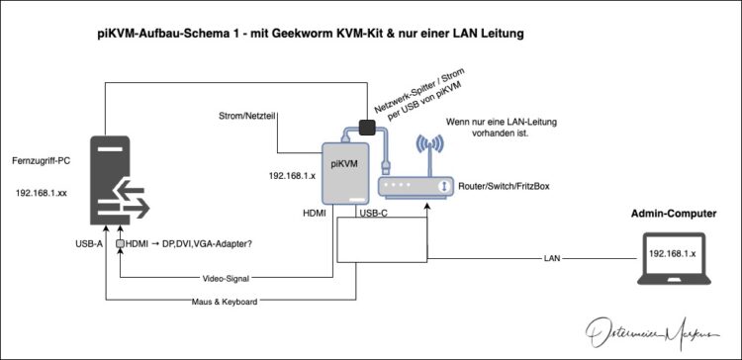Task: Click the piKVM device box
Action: (x=345, y=174)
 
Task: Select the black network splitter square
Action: (x=367, y=127)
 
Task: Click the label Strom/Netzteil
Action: (x=246, y=116)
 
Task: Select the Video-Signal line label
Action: (x=226, y=279)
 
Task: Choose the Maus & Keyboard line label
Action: (x=225, y=302)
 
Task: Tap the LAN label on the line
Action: (x=552, y=258)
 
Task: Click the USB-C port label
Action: (x=374, y=214)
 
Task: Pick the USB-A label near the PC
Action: (x=89, y=244)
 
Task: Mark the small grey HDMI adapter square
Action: (x=120, y=243)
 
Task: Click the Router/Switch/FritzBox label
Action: (x=504, y=186)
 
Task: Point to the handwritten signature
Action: (x=652, y=331)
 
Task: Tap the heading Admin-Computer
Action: (x=674, y=214)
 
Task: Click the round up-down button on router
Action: (x=443, y=186)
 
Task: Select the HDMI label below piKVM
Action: (x=315, y=214)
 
